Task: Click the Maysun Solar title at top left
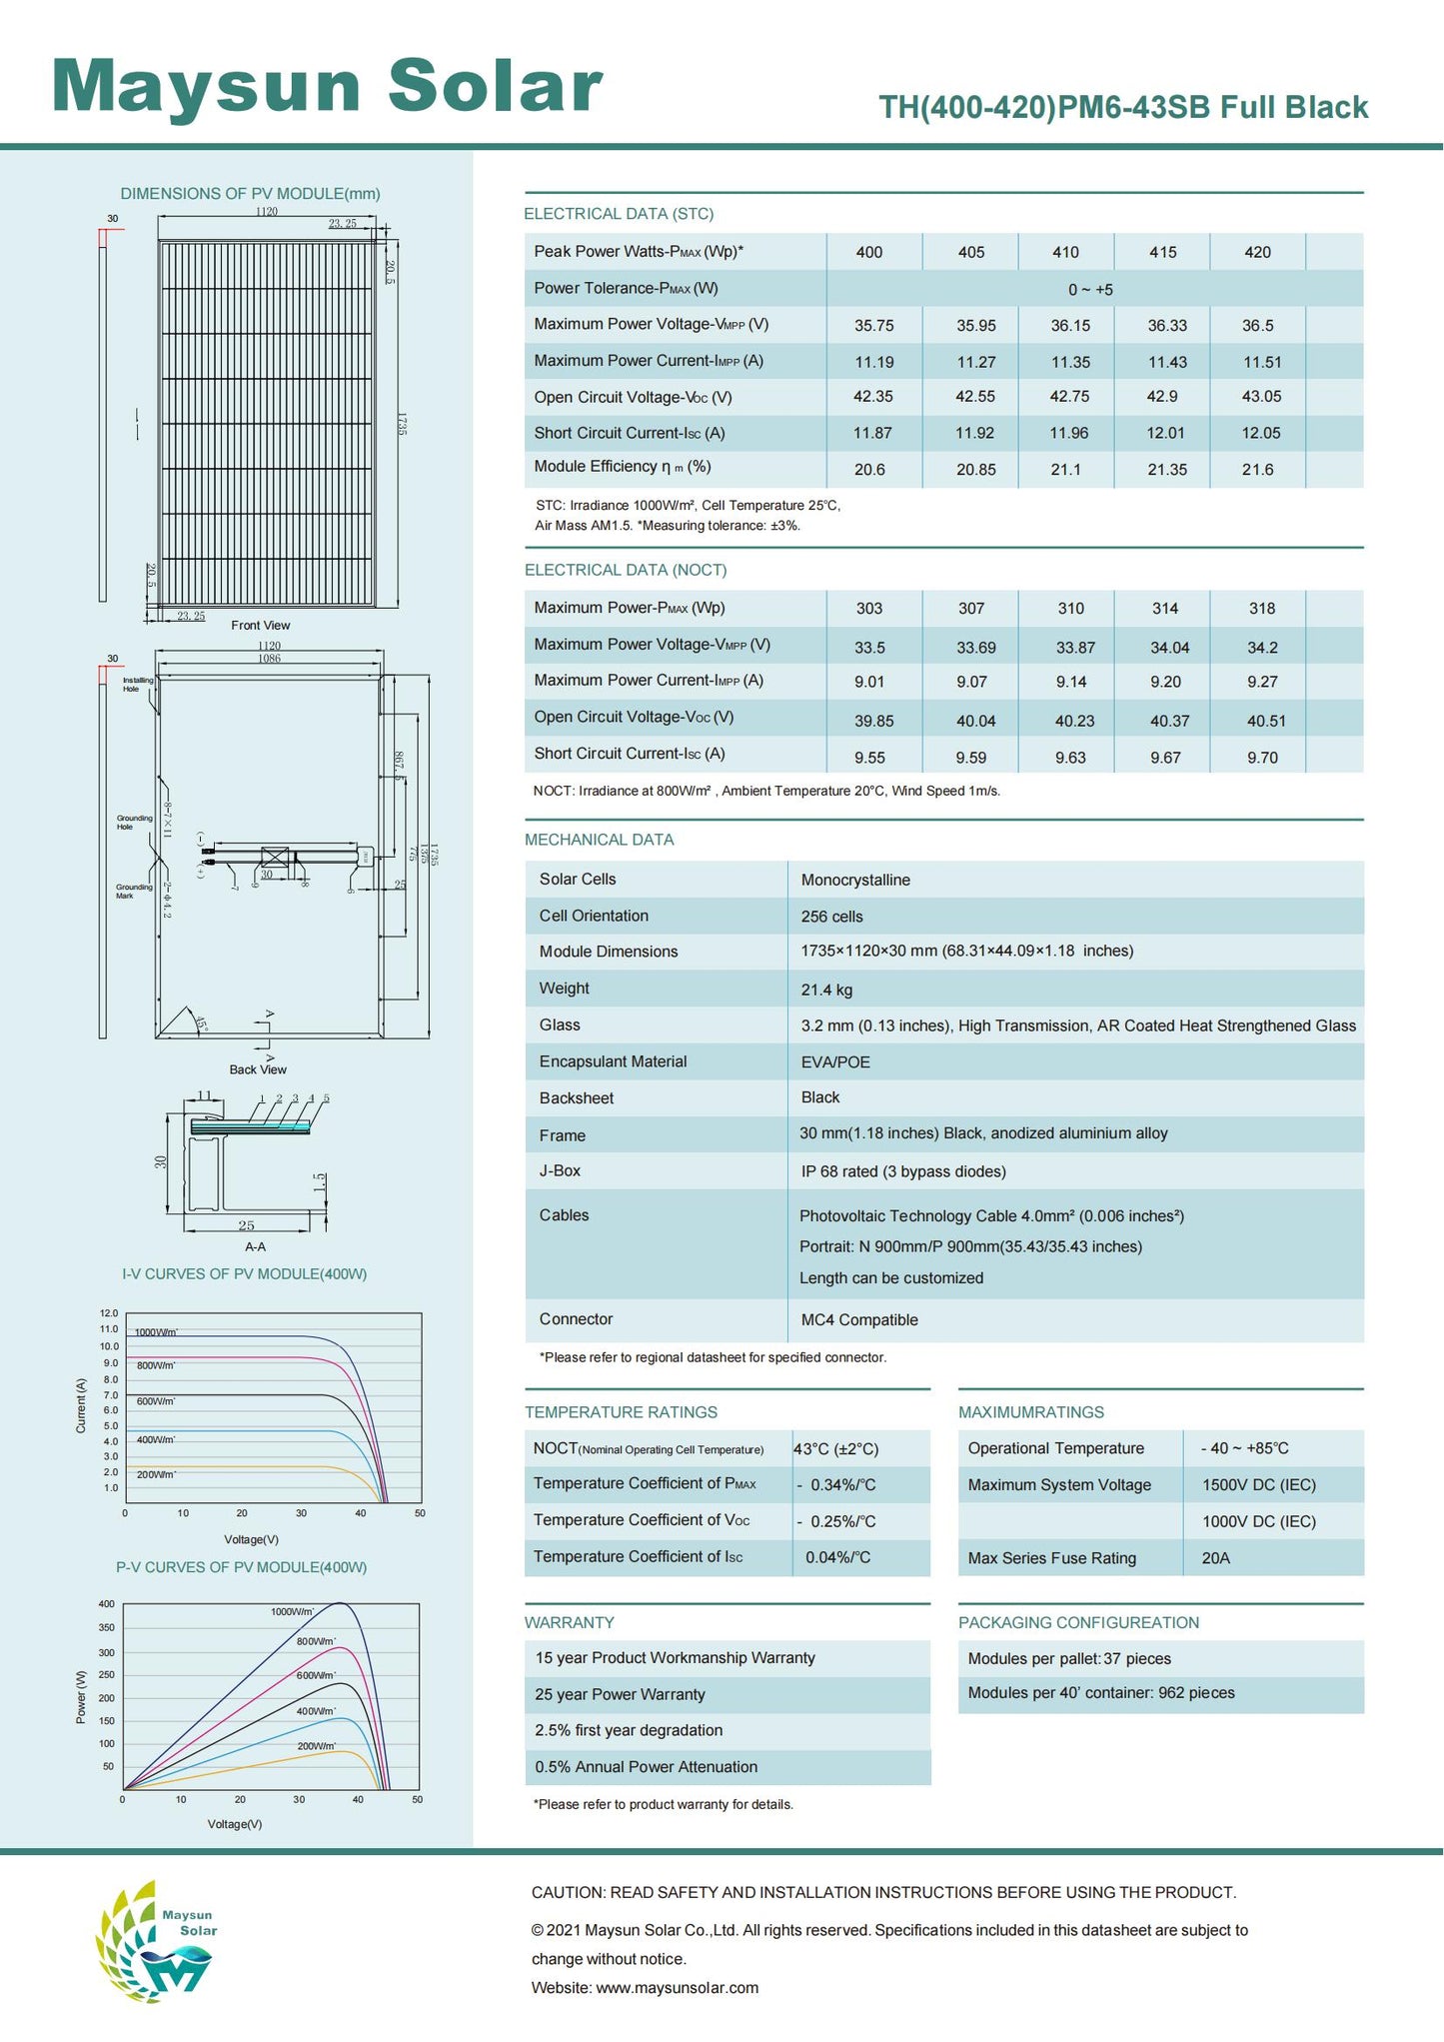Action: (327, 86)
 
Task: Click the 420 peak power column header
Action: (1257, 253)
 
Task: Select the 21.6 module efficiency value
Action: (1257, 470)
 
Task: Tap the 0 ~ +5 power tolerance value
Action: (1090, 290)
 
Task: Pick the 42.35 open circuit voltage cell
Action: (872, 397)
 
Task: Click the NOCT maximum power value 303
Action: (869, 609)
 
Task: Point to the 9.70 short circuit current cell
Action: (1262, 758)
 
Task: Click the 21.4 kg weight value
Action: (826, 991)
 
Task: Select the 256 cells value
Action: (831, 917)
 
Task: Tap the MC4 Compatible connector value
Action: (859, 1320)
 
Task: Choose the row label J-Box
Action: (560, 1171)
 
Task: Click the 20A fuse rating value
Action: (1216, 1558)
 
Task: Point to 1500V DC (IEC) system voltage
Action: (1258, 1485)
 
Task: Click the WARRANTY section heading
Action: (570, 1622)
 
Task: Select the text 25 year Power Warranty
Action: (620, 1695)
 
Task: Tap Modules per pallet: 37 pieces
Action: (1069, 1659)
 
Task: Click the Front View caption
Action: (261, 626)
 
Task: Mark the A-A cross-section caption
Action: (256, 1247)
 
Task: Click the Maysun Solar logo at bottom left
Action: (157, 1940)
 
